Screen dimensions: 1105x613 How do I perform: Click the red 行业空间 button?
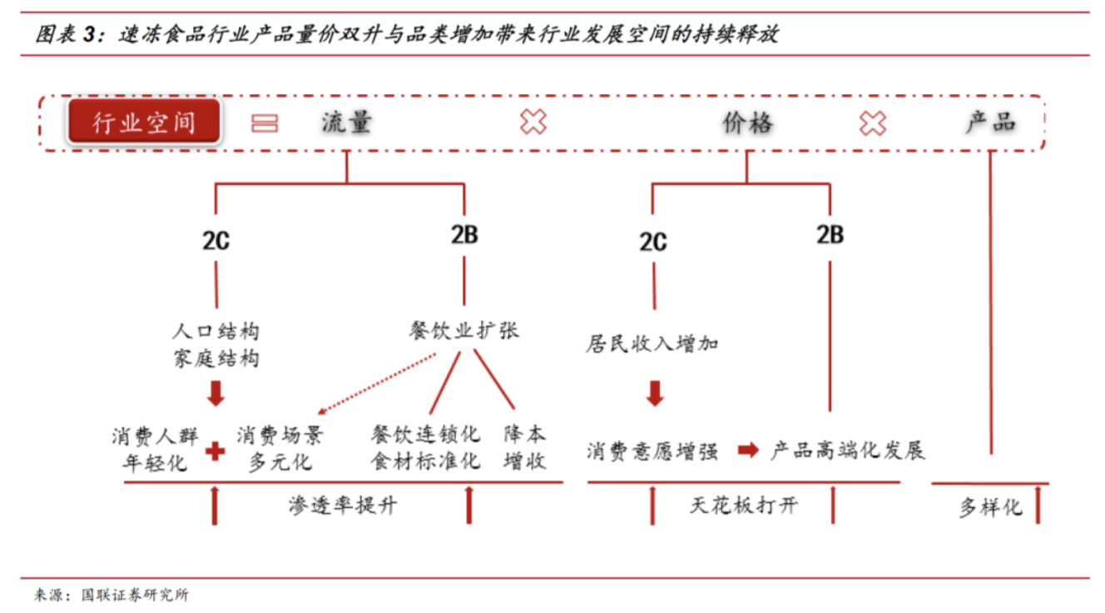144,122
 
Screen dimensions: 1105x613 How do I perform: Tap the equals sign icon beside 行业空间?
265,123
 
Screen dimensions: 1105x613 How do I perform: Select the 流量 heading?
346,122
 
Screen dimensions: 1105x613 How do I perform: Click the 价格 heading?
747,122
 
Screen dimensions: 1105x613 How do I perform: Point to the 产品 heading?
990,122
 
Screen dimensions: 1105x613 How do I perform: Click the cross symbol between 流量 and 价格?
533,122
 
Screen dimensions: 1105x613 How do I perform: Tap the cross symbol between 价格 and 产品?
873,123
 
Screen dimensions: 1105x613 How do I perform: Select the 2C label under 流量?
216,241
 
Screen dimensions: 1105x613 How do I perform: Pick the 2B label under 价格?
830,235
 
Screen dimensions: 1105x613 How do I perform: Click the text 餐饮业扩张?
463,331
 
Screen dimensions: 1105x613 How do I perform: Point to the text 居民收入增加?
652,344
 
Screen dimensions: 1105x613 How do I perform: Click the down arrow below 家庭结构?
216,393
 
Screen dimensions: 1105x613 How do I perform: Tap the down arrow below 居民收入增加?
655,393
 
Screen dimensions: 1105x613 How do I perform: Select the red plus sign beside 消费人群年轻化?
215,451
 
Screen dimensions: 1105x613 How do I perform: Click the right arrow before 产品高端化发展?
748,450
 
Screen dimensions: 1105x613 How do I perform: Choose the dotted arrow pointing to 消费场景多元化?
377,383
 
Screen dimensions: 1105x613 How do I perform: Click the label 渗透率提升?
343,506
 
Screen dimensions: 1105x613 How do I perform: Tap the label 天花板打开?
743,506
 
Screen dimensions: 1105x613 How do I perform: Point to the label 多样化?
990,507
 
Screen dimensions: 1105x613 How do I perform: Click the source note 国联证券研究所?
135,595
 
